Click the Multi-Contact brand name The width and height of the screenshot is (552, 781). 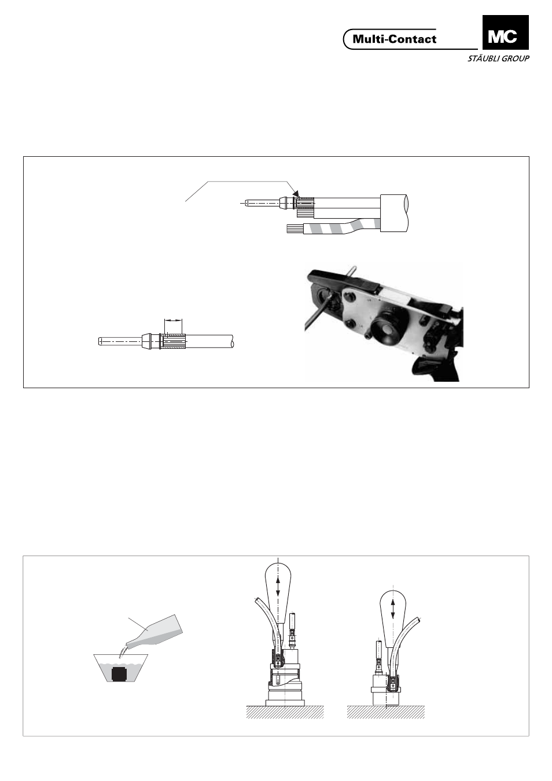[395, 39]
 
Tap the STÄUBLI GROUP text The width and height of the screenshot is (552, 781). [498, 58]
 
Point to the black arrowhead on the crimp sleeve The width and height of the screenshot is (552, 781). [296, 193]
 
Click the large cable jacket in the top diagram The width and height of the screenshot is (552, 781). [395, 213]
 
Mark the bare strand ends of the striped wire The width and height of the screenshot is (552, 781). [290, 229]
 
